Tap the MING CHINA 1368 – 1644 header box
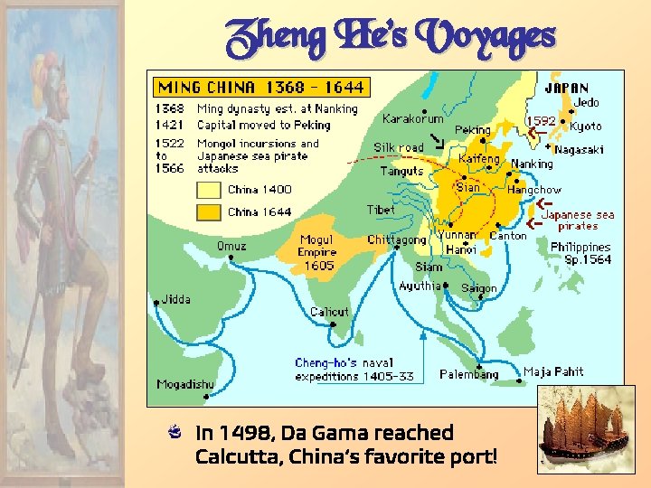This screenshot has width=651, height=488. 260,87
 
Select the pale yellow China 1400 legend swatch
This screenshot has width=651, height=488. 210,190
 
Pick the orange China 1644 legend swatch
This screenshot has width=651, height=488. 210,212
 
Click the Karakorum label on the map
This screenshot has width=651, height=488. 412,118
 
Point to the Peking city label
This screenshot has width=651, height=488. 473,129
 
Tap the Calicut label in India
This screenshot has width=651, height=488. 329,312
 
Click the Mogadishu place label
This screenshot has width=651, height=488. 185,384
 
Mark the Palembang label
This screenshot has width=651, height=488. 468,374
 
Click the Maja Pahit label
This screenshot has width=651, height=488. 553,371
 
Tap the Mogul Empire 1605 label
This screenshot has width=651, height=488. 317,253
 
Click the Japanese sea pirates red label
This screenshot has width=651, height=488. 579,221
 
